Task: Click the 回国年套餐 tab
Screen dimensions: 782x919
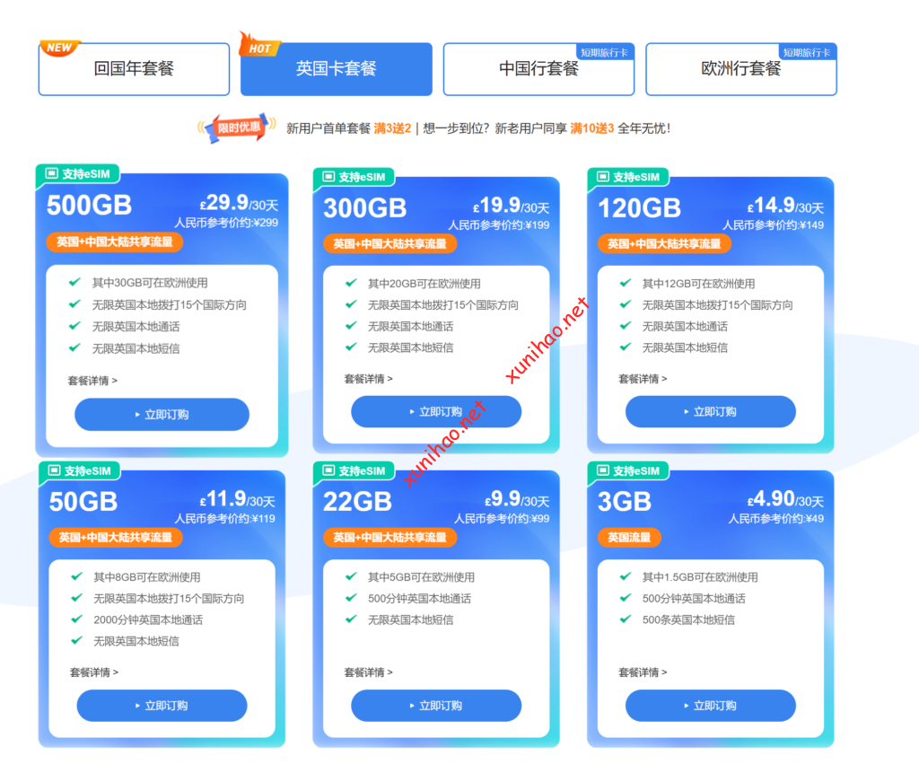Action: click(x=134, y=69)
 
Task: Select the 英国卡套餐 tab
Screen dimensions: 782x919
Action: click(x=337, y=69)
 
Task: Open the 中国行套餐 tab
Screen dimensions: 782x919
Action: click(x=538, y=69)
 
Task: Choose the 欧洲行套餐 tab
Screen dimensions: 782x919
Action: click(x=741, y=69)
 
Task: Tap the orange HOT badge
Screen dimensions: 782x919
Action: click(x=259, y=47)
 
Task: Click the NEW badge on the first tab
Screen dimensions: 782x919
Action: click(x=59, y=48)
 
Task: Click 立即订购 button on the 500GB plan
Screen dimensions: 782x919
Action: click(x=162, y=415)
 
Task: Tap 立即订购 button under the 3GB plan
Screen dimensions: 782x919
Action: click(x=710, y=706)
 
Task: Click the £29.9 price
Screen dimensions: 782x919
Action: click(x=224, y=203)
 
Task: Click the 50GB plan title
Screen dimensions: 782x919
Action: click(x=83, y=501)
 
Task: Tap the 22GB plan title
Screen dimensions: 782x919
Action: click(x=357, y=501)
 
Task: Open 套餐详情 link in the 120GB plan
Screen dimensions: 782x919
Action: click(x=642, y=379)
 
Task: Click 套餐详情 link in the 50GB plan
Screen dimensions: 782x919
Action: click(x=93, y=672)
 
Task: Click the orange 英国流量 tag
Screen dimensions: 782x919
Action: click(x=629, y=538)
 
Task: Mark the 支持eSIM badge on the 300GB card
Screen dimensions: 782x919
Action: click(x=354, y=177)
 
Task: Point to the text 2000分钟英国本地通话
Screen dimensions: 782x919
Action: click(x=148, y=619)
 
